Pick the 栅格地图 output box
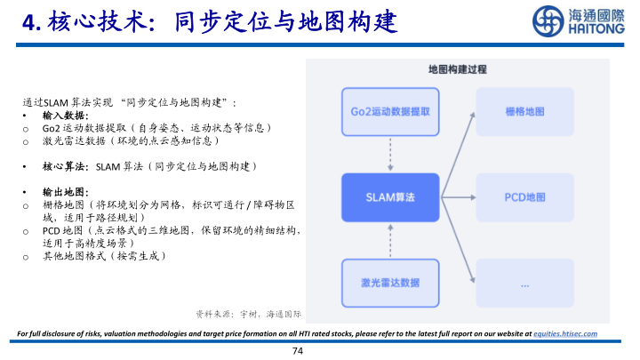[x=524, y=112]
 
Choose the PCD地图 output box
[x=524, y=197]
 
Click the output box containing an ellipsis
[x=524, y=283]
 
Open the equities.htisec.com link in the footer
[x=565, y=333]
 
